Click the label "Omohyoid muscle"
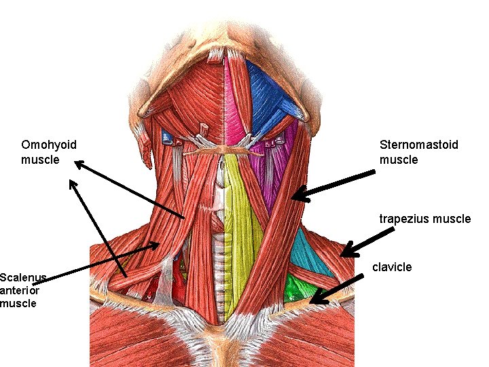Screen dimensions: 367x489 pyautogui.click(x=49, y=152)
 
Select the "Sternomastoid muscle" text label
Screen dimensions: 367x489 pyautogui.click(x=418, y=152)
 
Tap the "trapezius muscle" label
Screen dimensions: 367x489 pyautogui.click(x=424, y=219)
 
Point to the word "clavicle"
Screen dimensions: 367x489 pyautogui.click(x=392, y=267)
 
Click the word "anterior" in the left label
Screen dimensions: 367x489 pyautogui.click(x=20, y=290)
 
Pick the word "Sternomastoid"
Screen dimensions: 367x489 pyautogui.click(x=418, y=145)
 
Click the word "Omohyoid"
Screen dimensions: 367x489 pyautogui.click(x=49, y=145)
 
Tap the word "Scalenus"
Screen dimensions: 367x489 pyautogui.click(x=22, y=277)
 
